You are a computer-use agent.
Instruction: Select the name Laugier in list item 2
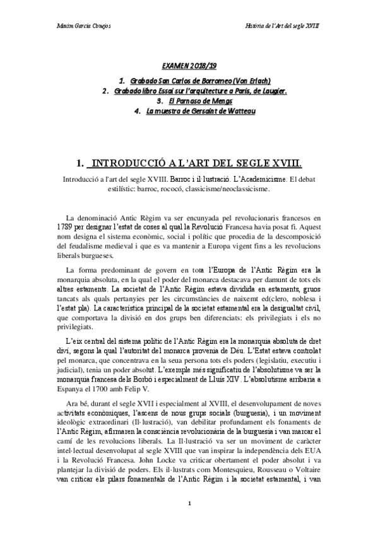pyautogui.click(x=272, y=91)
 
